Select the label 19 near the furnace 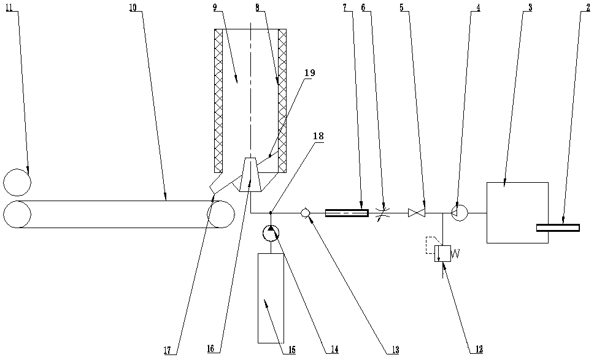tap(309, 72)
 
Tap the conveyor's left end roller tap(17, 214)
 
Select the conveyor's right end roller tap(220, 214)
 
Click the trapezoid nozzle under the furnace tap(251, 175)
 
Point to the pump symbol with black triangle tap(271, 233)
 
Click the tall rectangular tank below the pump tap(271, 297)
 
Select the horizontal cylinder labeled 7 tap(346, 213)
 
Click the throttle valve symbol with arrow tap(383, 213)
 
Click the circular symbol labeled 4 tap(459, 213)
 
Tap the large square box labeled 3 tap(517, 212)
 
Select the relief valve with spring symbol tap(442, 253)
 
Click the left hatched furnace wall tap(218, 101)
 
